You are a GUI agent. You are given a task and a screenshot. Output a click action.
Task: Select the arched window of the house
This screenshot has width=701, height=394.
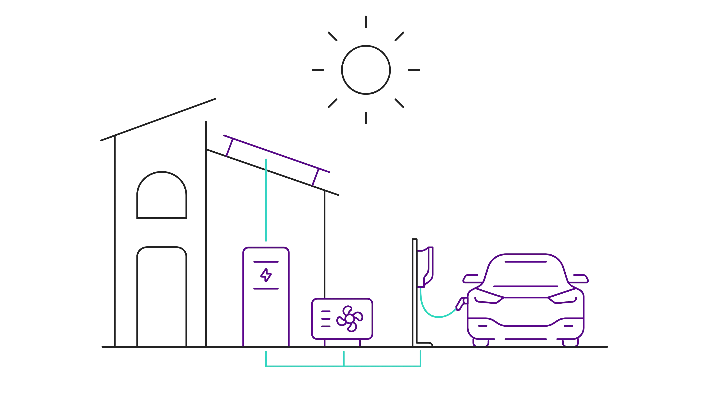coord(161,196)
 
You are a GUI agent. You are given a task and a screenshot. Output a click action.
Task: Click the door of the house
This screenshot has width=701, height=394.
coord(161,296)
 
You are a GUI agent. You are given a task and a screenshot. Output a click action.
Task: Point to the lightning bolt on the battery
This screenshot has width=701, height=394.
coord(266,275)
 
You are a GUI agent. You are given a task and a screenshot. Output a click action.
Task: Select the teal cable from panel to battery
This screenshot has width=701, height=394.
coord(266,201)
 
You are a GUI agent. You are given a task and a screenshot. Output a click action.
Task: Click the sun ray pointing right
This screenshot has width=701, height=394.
coord(413,70)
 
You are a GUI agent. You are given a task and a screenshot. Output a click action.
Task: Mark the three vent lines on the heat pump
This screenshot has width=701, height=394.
coord(326,318)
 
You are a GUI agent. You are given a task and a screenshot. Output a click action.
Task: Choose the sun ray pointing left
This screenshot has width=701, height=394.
coord(317,70)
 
